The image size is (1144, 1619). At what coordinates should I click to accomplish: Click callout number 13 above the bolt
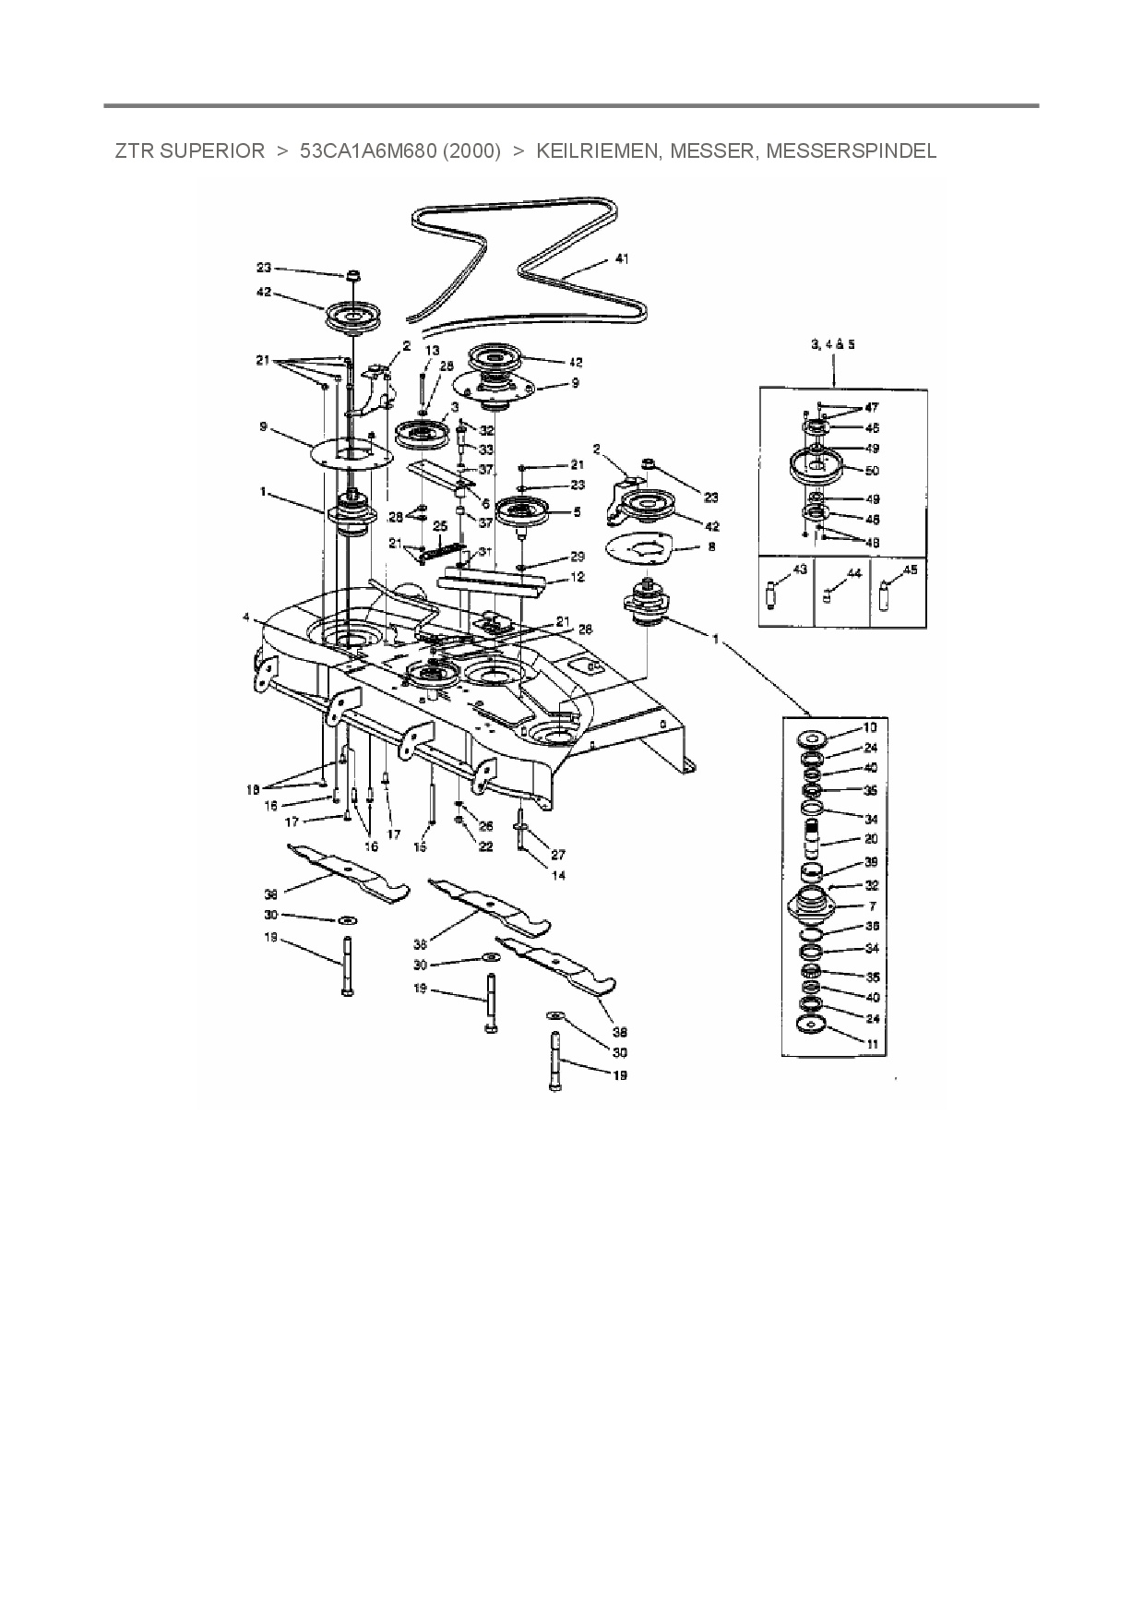pyautogui.click(x=433, y=351)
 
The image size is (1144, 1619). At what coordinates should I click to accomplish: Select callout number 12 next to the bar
pyautogui.click(x=578, y=577)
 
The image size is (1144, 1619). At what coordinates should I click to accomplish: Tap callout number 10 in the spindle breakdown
pyautogui.click(x=869, y=728)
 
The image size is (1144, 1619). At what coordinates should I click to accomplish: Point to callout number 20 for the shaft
pyautogui.click(x=871, y=840)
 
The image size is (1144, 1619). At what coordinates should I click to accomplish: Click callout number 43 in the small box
pyautogui.click(x=799, y=570)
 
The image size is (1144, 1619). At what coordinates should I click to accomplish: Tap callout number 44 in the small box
pyautogui.click(x=854, y=573)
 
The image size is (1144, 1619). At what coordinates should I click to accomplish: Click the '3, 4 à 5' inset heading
pyautogui.click(x=832, y=343)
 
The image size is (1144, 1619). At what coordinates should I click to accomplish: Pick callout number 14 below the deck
pyautogui.click(x=558, y=875)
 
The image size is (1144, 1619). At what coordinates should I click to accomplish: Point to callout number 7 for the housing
pyautogui.click(x=872, y=906)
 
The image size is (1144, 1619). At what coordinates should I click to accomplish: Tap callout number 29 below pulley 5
pyautogui.click(x=578, y=557)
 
